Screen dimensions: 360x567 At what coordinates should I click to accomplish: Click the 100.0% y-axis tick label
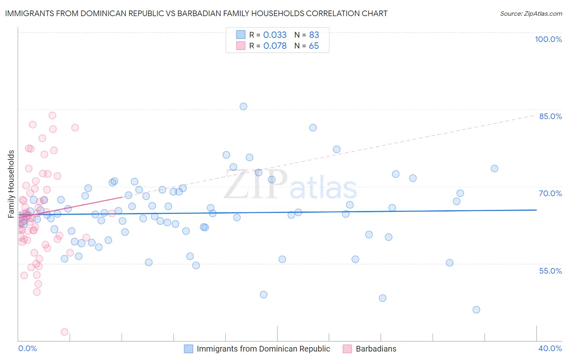click(548, 39)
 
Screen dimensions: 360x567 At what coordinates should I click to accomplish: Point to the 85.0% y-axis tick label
click(550, 116)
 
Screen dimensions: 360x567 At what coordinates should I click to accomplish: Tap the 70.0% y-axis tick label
click(550, 193)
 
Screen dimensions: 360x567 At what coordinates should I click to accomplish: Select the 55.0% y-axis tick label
click(550, 271)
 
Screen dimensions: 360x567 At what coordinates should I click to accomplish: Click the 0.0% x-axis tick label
click(27, 348)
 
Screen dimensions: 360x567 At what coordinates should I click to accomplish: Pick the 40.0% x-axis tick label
click(550, 348)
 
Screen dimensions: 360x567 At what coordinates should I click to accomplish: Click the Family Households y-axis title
click(11, 184)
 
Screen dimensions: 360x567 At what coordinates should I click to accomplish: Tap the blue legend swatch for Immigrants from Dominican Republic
click(188, 349)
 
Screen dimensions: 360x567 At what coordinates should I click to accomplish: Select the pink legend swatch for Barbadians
click(347, 349)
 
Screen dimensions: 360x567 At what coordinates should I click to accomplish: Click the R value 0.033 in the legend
click(275, 35)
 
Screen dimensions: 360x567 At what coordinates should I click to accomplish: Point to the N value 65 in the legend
click(314, 46)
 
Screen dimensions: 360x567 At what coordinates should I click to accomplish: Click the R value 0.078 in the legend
click(275, 46)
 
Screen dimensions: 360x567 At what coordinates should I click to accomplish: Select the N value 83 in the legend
click(314, 35)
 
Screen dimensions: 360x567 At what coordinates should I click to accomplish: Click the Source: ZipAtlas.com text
click(531, 14)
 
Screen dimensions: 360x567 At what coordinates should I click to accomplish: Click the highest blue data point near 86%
click(243, 107)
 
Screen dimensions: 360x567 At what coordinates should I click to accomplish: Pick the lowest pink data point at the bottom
click(65, 332)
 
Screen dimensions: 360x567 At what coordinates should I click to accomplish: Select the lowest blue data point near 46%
click(476, 310)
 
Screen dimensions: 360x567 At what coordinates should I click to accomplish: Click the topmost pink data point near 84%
click(52, 115)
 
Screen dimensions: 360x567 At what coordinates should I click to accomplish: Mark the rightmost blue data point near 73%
click(494, 169)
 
